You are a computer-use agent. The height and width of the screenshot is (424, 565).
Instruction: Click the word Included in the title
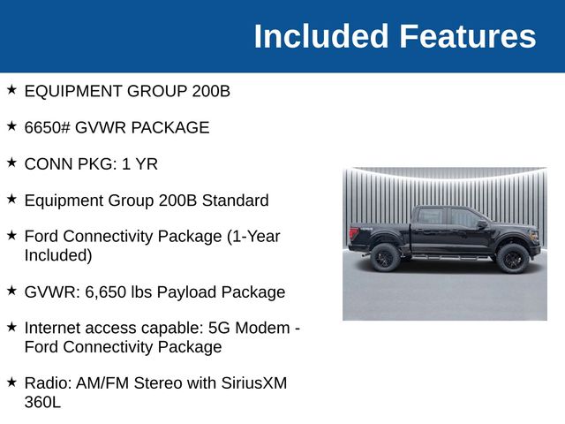click(321, 36)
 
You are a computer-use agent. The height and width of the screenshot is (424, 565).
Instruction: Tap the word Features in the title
click(467, 36)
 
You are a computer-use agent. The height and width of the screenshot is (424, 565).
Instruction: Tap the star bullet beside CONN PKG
click(11, 163)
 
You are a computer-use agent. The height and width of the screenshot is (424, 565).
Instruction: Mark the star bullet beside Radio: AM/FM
click(11, 382)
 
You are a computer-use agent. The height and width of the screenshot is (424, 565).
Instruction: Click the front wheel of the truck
click(511, 258)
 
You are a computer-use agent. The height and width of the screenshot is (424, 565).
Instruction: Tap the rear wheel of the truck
click(385, 257)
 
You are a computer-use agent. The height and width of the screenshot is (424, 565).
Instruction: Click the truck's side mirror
click(482, 224)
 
